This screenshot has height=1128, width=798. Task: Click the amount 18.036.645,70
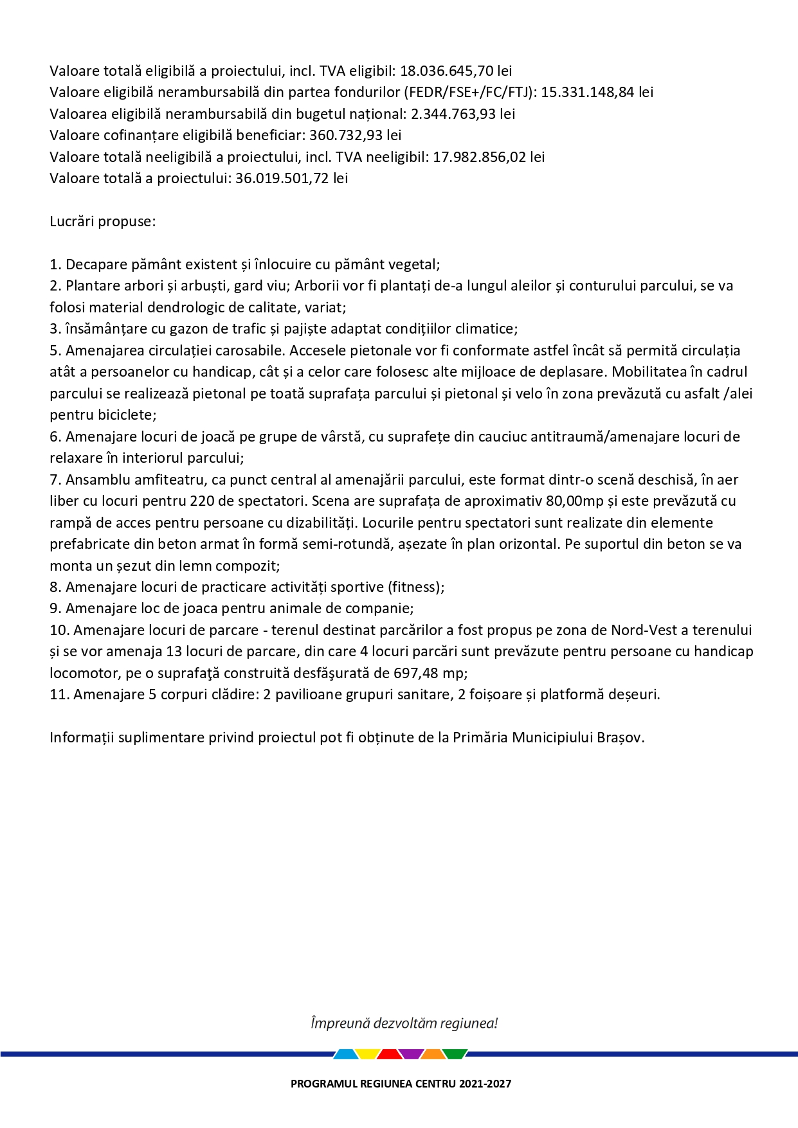tap(446, 71)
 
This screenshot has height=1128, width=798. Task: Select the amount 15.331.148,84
tap(588, 92)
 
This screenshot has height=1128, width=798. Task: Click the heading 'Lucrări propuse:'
tap(103, 221)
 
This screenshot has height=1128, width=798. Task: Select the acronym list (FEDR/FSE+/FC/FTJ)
tap(471, 92)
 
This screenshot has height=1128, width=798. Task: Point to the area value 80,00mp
tap(575, 501)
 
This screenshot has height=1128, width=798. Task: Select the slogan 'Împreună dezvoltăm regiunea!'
tap(404, 1023)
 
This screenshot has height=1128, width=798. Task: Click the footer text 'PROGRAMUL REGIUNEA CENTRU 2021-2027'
tap(401, 1084)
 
